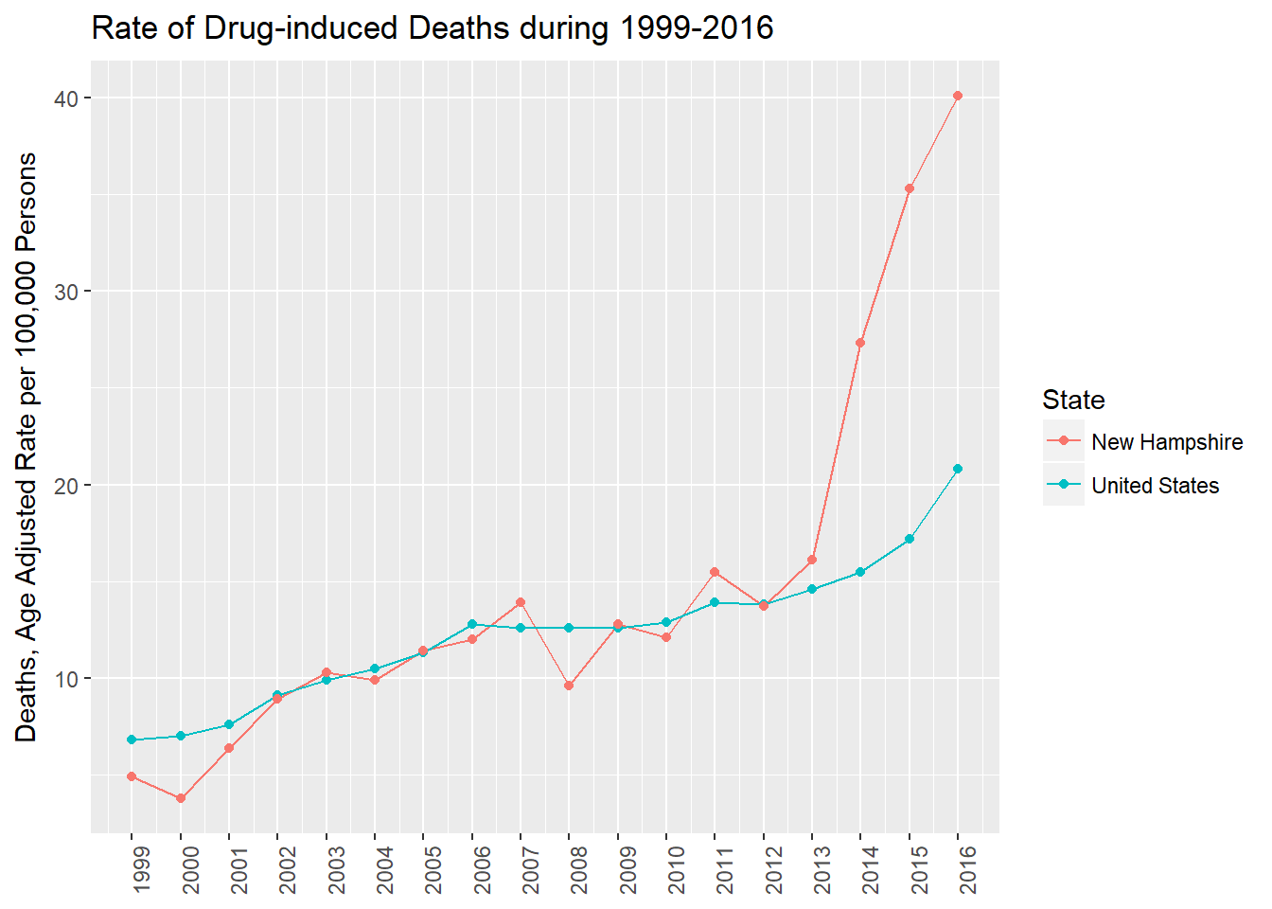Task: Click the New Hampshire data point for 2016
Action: coord(958,96)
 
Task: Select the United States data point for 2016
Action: coord(958,469)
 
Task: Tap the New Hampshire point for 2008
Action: coord(569,686)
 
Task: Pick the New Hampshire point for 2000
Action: coord(181,798)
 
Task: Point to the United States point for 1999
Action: coord(132,740)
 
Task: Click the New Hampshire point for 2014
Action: coord(860,343)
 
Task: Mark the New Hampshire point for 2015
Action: coord(910,188)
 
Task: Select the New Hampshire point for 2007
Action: coord(521,602)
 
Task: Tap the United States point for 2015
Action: coord(910,539)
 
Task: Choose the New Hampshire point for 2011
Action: coord(715,572)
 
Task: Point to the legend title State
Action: coord(1073,400)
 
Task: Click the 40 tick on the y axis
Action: coord(66,98)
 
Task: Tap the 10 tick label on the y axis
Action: coord(66,679)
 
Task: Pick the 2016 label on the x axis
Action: coord(968,868)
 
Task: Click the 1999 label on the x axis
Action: coord(142,868)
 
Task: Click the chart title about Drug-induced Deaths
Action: coord(433,28)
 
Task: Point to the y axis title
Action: coord(26,447)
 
